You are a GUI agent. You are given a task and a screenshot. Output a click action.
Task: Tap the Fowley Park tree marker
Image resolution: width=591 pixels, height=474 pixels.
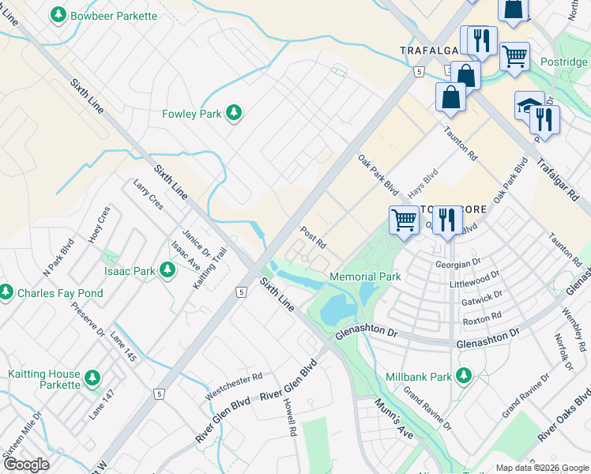tap(233, 114)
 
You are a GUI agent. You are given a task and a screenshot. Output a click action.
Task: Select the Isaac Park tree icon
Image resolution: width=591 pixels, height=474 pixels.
tap(167, 271)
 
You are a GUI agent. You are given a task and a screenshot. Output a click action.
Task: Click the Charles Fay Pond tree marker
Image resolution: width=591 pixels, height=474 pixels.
tap(6, 292)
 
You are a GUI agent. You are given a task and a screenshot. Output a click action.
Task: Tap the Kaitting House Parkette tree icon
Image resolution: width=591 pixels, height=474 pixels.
tap(92, 378)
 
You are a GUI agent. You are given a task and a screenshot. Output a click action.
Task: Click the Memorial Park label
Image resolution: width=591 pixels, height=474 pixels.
tap(365, 276)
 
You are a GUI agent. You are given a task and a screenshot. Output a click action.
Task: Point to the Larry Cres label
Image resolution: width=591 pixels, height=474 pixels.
tap(148, 194)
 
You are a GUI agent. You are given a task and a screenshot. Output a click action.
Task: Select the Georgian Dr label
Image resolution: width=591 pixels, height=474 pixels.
tap(457, 262)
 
